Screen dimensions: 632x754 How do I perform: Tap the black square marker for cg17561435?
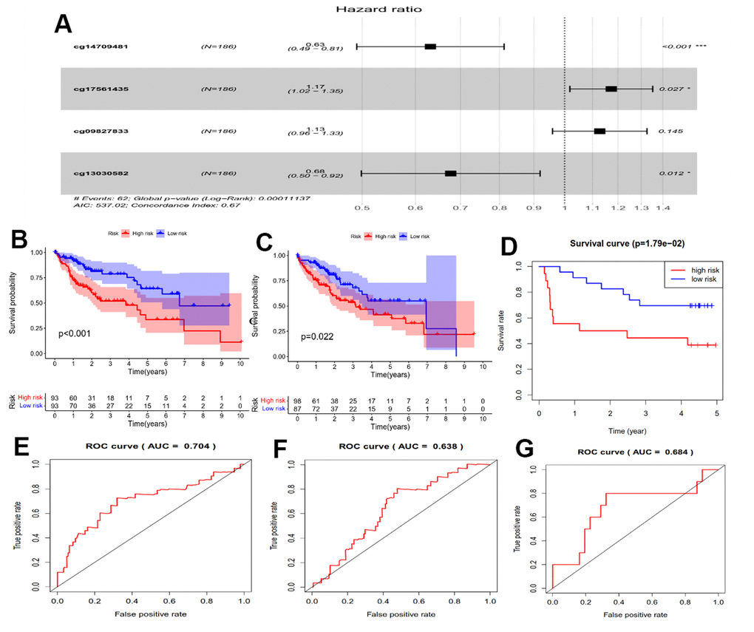tap(611, 89)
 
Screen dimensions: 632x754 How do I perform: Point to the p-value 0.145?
tap(670, 131)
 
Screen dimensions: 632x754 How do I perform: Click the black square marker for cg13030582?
tap(450, 173)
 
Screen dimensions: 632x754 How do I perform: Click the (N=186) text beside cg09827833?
tap(218, 131)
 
